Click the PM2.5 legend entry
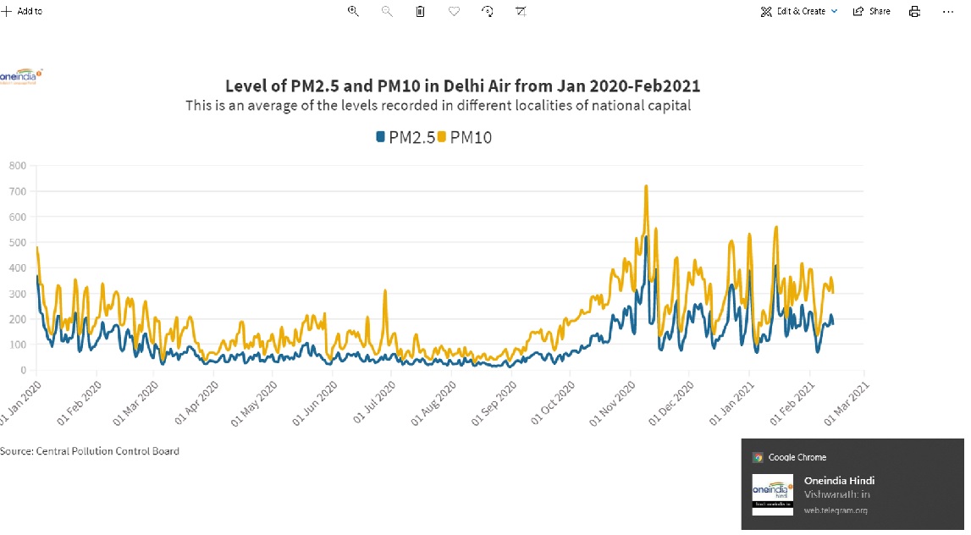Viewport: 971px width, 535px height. pos(406,137)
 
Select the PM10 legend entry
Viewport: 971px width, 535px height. pos(465,137)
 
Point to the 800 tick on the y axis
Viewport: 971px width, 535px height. pos(18,166)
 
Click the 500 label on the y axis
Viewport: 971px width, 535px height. pos(18,243)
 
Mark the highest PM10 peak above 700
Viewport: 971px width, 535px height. pos(646,186)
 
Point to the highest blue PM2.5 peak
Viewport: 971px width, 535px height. pos(646,238)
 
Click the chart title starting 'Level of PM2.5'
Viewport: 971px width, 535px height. pos(462,86)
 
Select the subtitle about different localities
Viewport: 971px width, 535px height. pos(438,106)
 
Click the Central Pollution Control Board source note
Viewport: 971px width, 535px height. pos(90,451)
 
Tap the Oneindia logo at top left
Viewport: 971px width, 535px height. pos(21,76)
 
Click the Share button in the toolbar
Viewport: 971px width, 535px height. pos(872,11)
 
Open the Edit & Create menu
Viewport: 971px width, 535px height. pos(799,11)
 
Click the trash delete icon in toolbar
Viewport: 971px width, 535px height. pos(420,11)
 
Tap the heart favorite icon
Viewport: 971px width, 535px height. pos(454,11)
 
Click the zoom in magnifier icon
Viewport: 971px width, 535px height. pos(353,11)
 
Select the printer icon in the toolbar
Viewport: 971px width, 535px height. pos(914,11)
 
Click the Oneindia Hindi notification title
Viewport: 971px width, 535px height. pos(839,481)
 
